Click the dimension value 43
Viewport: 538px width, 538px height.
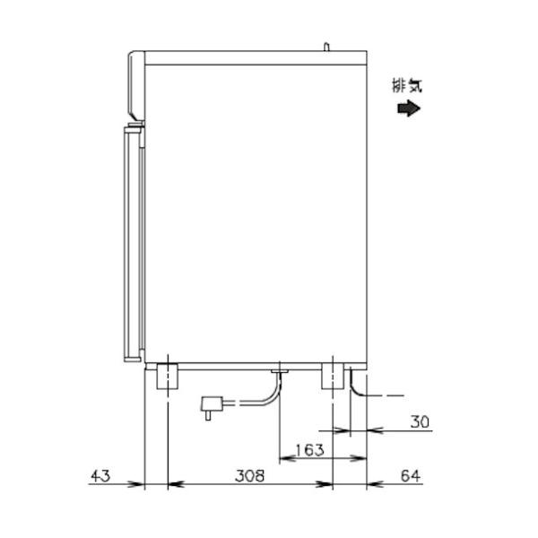click(100, 476)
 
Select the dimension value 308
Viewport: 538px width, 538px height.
click(250, 476)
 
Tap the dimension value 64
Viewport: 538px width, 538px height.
click(411, 476)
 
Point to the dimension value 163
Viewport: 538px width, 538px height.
click(309, 450)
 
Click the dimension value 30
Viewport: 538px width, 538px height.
click(420, 421)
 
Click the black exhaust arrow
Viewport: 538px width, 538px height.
click(409, 108)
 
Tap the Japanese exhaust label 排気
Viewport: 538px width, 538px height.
click(407, 85)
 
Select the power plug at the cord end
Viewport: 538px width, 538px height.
click(211, 407)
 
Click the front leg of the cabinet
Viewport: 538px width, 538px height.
click(167, 377)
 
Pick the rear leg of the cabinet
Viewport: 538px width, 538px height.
click(333, 377)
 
